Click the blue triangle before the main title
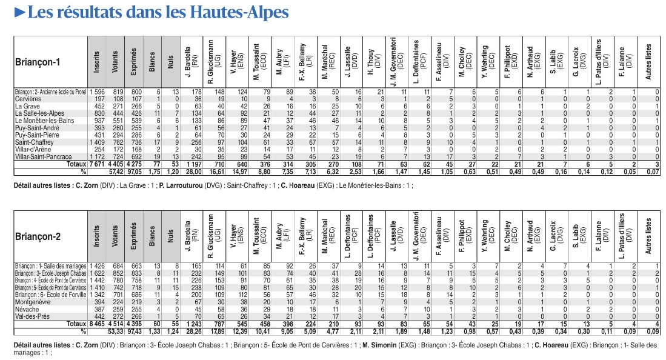click(x=19, y=12)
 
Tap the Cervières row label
click(x=28, y=98)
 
